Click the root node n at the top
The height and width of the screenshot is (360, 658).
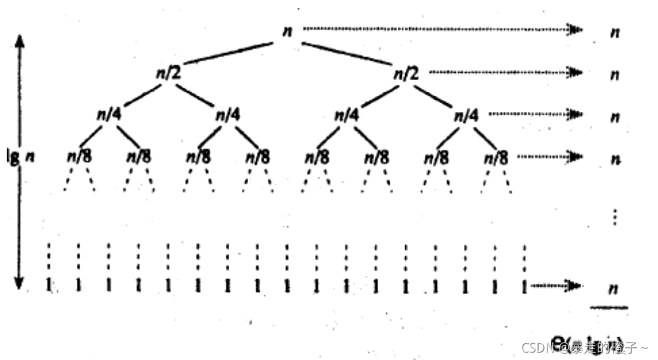[287, 32]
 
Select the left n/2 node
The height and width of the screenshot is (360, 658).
[168, 73]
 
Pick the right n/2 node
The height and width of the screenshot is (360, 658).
[405, 73]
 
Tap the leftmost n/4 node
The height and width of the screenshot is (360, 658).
[109, 115]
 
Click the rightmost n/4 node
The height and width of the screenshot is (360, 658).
[465, 115]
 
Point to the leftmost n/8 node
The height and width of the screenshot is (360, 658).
[79, 157]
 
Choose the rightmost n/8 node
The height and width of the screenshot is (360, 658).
[496, 157]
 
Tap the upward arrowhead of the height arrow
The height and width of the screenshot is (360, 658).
[20, 42]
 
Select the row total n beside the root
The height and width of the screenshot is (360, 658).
[614, 32]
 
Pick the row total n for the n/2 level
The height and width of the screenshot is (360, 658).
[614, 74]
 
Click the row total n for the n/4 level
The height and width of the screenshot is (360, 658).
[614, 116]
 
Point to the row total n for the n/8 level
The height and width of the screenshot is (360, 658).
[614, 159]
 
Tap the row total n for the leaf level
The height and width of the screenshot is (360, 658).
[613, 289]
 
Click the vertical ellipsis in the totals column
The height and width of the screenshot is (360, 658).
[614, 217]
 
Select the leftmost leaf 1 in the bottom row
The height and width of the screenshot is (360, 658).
[49, 285]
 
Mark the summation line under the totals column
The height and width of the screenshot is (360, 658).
[609, 307]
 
